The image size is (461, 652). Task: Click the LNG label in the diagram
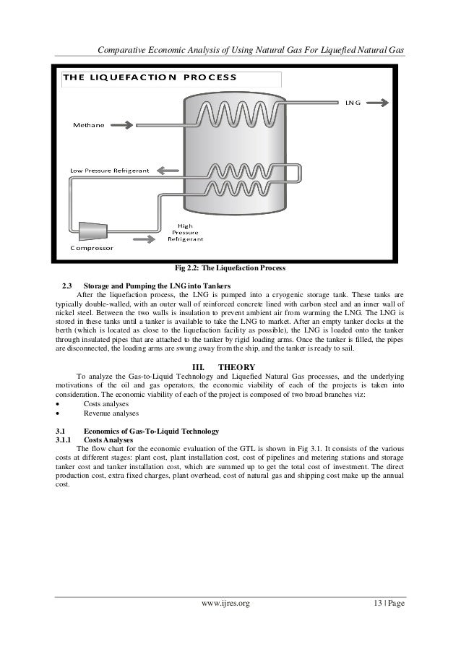(x=354, y=102)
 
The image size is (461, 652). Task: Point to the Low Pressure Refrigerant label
(x=109, y=171)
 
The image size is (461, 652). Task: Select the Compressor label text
(x=91, y=247)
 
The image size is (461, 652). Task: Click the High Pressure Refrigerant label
(x=186, y=231)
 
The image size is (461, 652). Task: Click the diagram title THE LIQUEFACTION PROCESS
(x=150, y=77)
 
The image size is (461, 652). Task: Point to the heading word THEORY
(x=241, y=366)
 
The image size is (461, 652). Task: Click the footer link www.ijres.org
(x=230, y=601)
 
